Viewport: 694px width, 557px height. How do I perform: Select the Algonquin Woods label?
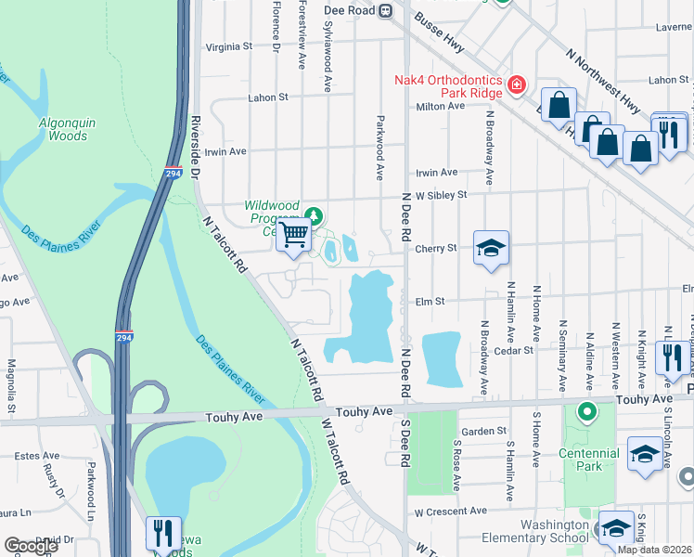point(63,129)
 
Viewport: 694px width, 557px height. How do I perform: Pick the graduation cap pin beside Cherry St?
point(491,248)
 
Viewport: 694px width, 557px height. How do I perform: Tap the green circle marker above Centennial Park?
point(586,410)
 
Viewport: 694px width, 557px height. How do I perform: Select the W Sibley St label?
point(440,196)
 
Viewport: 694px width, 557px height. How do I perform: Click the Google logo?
point(31,546)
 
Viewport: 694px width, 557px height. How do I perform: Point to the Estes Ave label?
point(37,455)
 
